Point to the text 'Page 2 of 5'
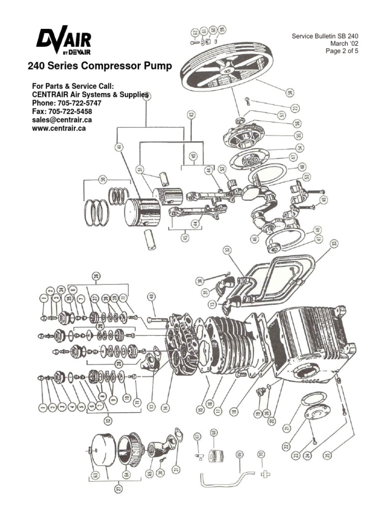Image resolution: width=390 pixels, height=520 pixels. coord(342,51)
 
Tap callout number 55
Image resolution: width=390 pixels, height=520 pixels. coord(299,135)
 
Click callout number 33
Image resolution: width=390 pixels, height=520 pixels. coord(334,244)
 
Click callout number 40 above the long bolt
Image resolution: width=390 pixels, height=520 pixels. coord(151,297)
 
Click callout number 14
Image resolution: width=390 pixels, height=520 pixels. coord(165,407)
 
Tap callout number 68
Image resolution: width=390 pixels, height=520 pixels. coord(213,433)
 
